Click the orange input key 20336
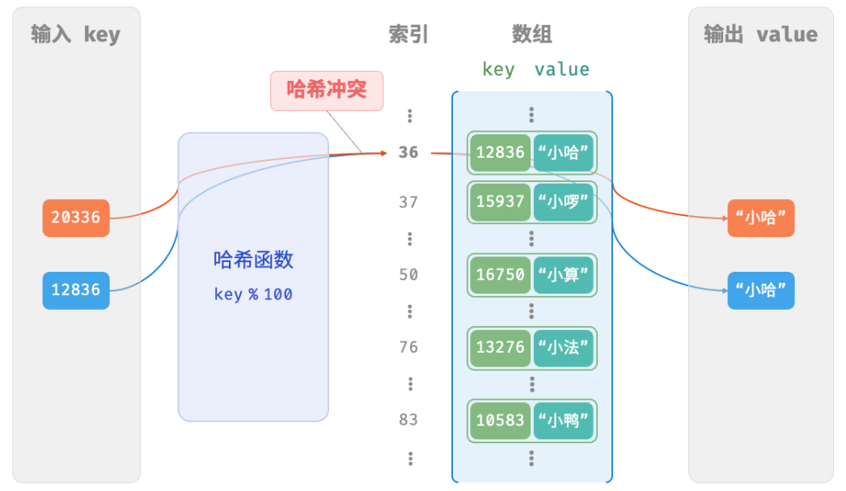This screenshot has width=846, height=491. [x=76, y=218]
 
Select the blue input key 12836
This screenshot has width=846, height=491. [x=76, y=290]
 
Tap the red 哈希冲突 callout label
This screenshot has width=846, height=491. [x=327, y=90]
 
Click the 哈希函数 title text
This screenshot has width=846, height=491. [x=253, y=260]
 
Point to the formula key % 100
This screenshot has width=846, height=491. [x=253, y=294]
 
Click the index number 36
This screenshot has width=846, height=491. [x=408, y=152]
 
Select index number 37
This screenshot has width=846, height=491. [x=408, y=202]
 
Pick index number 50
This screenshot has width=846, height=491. [x=408, y=275]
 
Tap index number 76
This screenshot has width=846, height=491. [x=408, y=347]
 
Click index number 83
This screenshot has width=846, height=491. [x=408, y=419]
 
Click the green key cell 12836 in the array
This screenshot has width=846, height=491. [x=500, y=152]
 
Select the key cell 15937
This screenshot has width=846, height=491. [x=500, y=201]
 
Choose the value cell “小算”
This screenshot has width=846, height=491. [x=564, y=275]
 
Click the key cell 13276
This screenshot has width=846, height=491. [x=500, y=347]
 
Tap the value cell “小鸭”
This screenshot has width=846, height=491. [x=564, y=420]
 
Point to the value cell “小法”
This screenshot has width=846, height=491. [x=564, y=347]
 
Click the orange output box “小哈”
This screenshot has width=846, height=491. [x=760, y=218]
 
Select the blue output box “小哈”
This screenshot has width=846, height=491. [x=760, y=290]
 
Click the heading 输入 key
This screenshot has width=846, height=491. [x=75, y=35]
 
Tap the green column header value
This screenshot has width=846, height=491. [x=561, y=70]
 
